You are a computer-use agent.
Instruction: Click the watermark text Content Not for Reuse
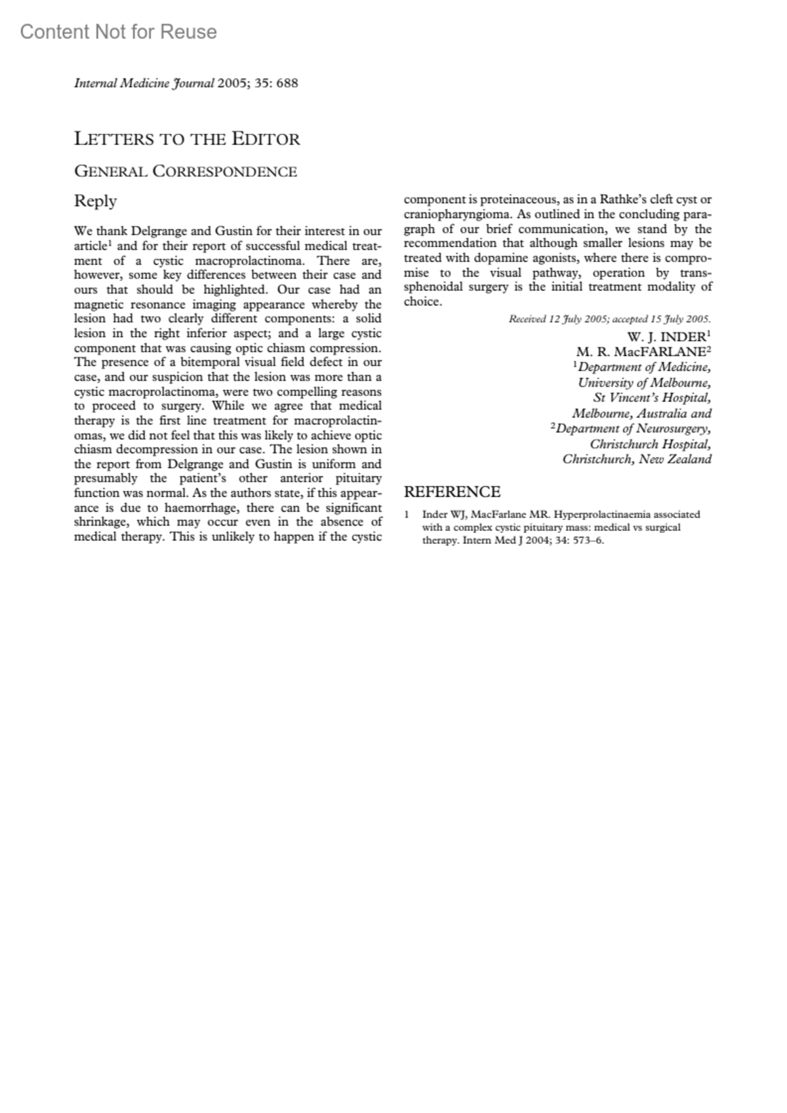tap(118, 31)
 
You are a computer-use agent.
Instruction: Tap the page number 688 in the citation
tap(287, 83)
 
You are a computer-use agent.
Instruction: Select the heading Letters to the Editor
tap(187, 139)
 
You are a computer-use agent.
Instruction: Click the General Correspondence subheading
tap(186, 172)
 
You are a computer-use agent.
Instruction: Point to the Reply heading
tap(96, 201)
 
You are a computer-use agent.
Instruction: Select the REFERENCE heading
tap(452, 492)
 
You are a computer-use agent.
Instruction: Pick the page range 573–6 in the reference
tap(588, 541)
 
